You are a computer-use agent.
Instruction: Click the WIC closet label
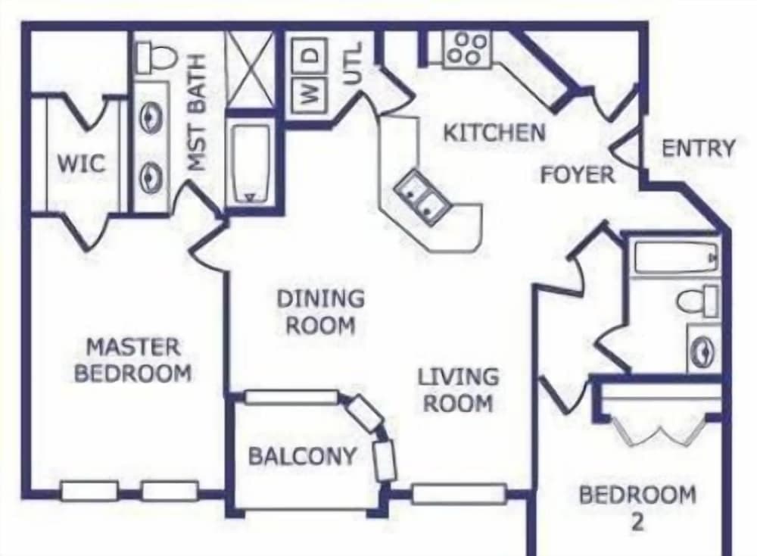(81, 164)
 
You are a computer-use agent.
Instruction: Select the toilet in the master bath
(155, 58)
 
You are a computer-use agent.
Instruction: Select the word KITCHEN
(494, 133)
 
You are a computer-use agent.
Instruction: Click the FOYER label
(577, 175)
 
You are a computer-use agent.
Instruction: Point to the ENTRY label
(698, 148)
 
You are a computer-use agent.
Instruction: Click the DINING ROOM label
(319, 311)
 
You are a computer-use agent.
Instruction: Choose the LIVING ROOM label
(459, 389)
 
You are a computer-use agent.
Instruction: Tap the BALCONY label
(302, 456)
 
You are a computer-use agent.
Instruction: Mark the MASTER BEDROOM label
(133, 360)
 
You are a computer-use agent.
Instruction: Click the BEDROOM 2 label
(637, 506)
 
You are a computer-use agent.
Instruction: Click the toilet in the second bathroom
(698, 301)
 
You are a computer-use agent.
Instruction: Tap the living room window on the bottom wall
(459, 494)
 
